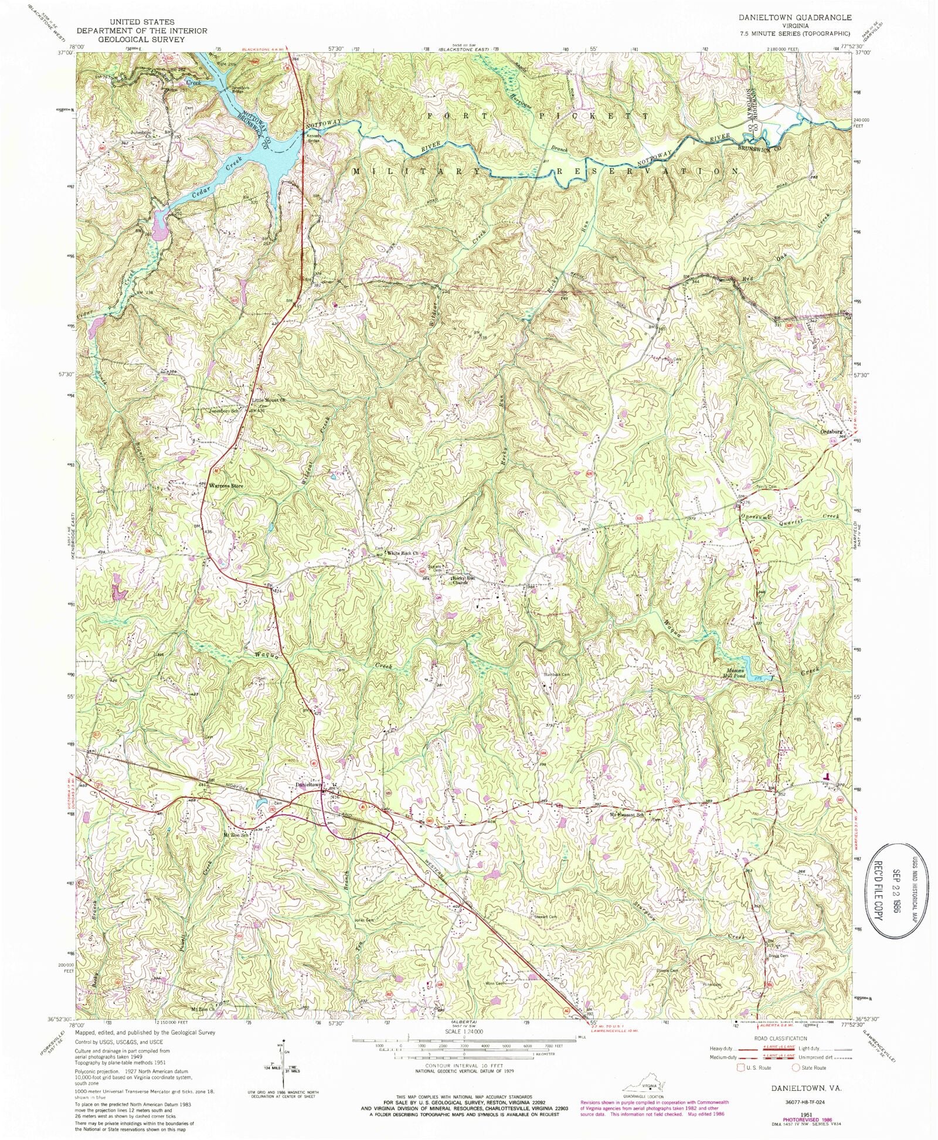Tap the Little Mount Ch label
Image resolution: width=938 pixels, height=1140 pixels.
268,401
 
